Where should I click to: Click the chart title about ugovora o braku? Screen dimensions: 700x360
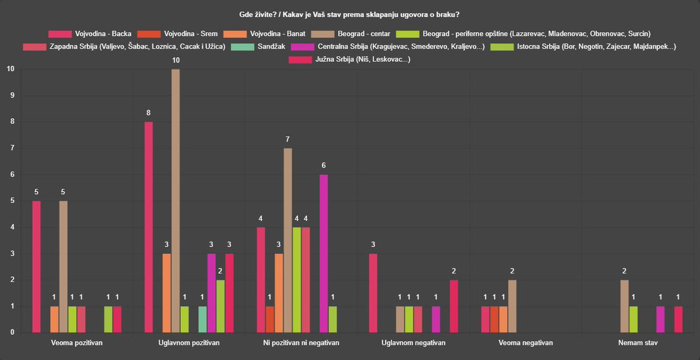[349, 15]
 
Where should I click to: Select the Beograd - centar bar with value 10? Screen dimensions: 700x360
[176, 201]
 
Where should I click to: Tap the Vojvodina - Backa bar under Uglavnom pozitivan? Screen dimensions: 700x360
[149, 227]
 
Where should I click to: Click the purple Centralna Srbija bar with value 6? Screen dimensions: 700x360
[324, 253]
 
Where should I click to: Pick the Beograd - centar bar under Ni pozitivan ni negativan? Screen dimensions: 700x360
[288, 240]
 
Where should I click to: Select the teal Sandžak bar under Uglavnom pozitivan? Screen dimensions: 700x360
[202, 319]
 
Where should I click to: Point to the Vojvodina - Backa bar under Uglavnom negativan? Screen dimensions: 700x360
[373, 293]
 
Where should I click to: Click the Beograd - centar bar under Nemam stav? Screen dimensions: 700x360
[624, 306]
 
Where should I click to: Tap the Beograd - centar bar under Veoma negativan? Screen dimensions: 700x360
[512, 306]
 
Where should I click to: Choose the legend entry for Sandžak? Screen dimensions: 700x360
[258, 47]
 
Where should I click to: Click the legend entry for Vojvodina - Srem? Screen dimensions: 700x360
[177, 34]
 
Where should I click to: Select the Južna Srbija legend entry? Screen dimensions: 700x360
[349, 60]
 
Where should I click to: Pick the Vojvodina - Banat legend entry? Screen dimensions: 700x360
[264, 34]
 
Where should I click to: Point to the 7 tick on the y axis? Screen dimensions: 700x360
[12, 148]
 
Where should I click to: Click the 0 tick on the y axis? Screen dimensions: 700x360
[12, 332]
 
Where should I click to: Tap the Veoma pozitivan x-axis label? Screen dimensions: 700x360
[77, 343]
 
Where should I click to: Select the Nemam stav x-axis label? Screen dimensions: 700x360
[638, 343]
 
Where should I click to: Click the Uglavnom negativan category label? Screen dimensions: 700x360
[414, 343]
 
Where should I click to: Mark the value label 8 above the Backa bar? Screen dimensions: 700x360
[148, 113]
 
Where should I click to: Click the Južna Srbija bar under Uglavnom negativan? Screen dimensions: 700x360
[454, 306]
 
